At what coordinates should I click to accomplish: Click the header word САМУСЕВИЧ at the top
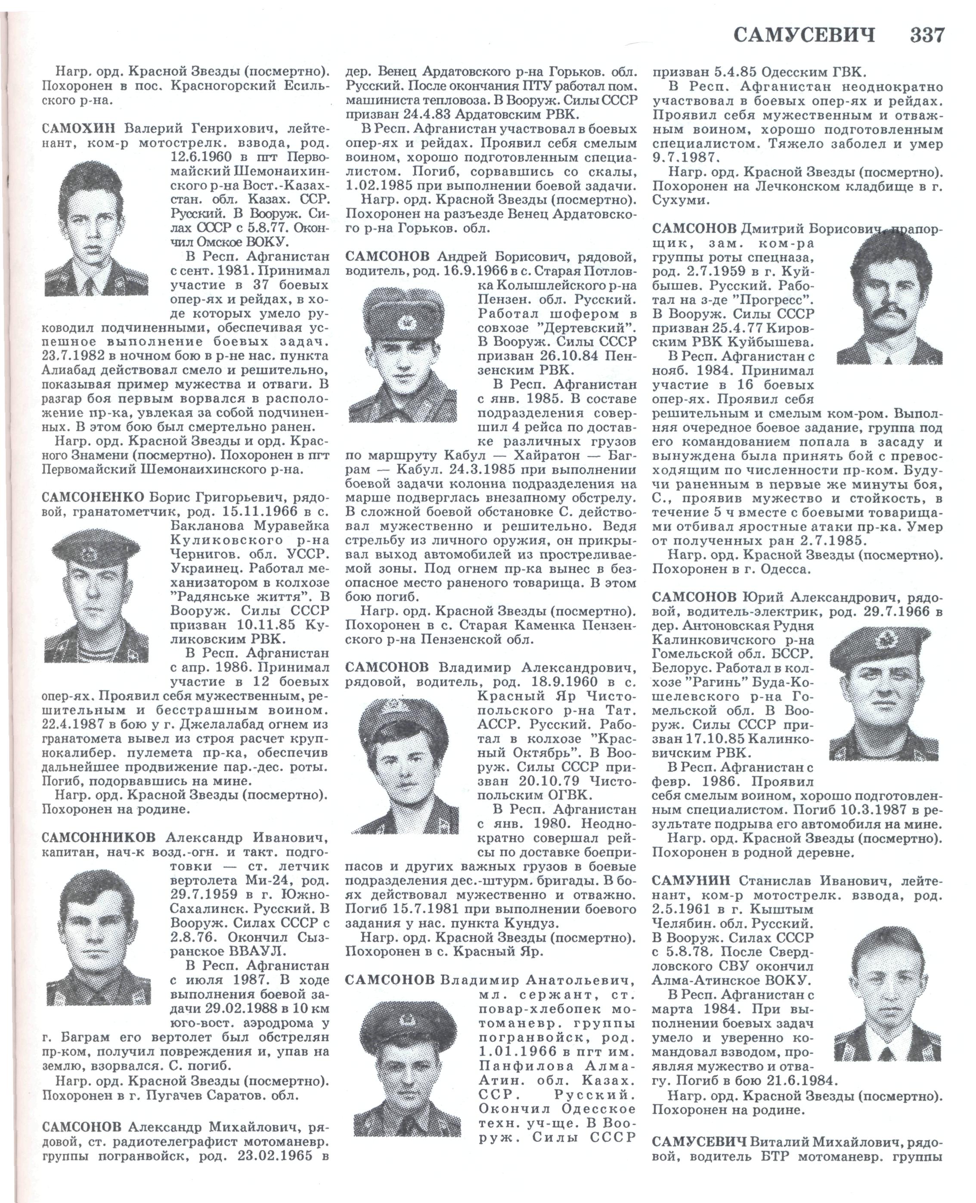805,36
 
